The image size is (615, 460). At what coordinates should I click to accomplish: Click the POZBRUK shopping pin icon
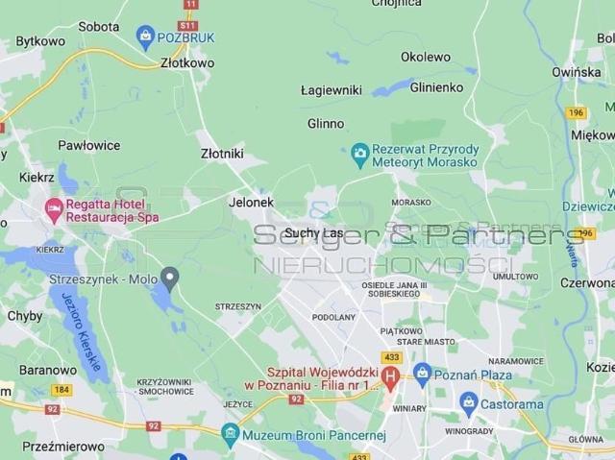(x=146, y=37)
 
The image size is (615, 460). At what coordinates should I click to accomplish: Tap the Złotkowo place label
(x=187, y=63)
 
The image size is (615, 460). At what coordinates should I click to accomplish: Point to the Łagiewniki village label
(x=331, y=90)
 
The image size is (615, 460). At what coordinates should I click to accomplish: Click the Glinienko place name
(x=436, y=86)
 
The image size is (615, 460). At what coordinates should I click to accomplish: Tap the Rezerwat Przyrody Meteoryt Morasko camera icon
(x=360, y=152)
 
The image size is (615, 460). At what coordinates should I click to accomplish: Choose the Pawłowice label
(x=89, y=145)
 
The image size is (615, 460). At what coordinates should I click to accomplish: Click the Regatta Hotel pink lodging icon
(x=54, y=207)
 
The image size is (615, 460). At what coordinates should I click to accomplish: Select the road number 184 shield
(x=61, y=389)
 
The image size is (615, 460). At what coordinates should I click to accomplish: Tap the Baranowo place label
(x=47, y=370)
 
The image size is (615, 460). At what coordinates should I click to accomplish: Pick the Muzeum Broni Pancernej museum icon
(x=231, y=434)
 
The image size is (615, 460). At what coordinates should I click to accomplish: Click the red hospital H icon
(x=390, y=375)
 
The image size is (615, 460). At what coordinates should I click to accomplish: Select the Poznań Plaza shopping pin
(x=422, y=373)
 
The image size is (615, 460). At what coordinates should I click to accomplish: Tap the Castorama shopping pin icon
(x=468, y=402)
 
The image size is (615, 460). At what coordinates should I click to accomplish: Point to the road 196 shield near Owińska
(x=576, y=112)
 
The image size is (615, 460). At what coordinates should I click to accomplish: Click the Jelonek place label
(x=251, y=203)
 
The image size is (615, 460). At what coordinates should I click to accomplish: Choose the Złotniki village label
(x=222, y=154)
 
